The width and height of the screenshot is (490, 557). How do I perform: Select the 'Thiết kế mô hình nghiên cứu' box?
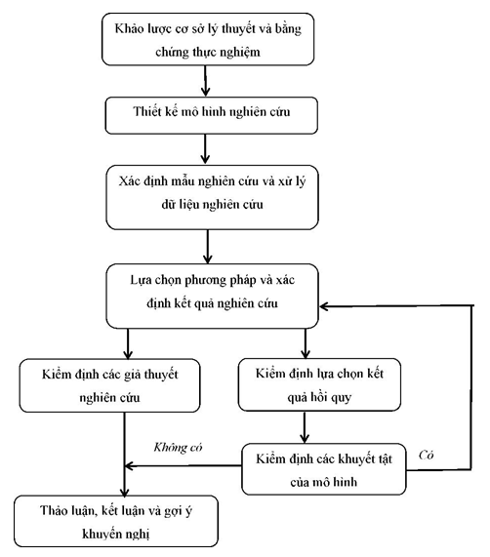click(x=206, y=115)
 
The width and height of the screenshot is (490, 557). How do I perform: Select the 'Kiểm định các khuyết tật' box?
click(x=324, y=466)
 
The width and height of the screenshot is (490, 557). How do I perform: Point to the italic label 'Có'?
click(x=426, y=455)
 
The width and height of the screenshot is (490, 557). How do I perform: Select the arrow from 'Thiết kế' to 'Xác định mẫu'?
click(x=206, y=150)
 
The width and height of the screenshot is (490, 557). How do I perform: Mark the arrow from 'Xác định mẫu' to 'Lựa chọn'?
click(x=206, y=244)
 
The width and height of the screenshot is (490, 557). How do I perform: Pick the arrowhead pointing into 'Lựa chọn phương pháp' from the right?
click(x=329, y=306)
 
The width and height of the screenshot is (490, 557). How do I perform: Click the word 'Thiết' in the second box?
click(x=132, y=115)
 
